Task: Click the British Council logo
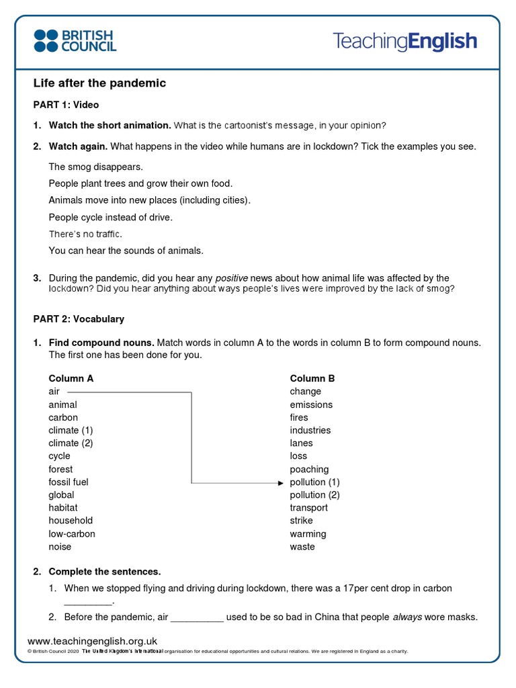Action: coord(75,40)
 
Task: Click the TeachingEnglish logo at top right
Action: coord(404,42)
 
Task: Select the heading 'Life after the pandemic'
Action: coord(99,83)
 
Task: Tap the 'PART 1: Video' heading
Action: coord(66,105)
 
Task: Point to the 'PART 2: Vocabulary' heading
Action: coord(79,319)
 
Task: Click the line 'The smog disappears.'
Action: coord(95,166)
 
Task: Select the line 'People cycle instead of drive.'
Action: coord(110,217)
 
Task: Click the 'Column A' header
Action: coord(71,378)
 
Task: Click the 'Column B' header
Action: coord(312,378)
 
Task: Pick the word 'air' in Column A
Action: coord(54,391)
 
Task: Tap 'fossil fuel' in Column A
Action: coord(68,482)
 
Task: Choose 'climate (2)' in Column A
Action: coord(71,443)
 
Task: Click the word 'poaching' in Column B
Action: coord(309,469)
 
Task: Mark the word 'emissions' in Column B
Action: coord(311,404)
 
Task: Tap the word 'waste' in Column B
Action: coord(302,547)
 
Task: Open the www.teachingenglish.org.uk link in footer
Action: coord(92,641)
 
